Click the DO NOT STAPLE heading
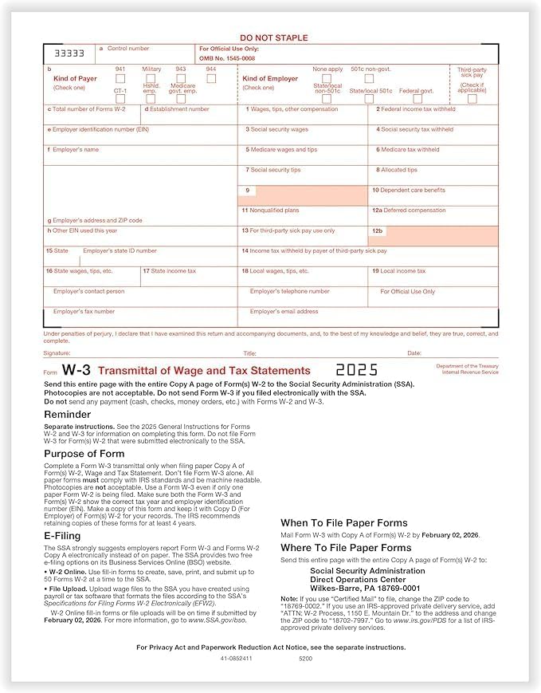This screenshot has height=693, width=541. pos(273,38)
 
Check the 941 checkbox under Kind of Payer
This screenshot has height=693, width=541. pos(120,78)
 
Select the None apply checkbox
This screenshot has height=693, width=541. pos(328,78)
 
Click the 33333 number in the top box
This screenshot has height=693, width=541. pos(68,53)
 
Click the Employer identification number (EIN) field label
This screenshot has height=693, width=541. pos(98,129)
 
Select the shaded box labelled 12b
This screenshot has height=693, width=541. pos(434,235)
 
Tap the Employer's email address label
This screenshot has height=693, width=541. pos(284,312)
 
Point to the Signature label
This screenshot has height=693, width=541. pos(57,352)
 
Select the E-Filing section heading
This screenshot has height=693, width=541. pos(62,536)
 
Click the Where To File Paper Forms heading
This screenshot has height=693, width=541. pos(346,548)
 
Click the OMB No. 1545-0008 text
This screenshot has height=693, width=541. pos(228,58)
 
